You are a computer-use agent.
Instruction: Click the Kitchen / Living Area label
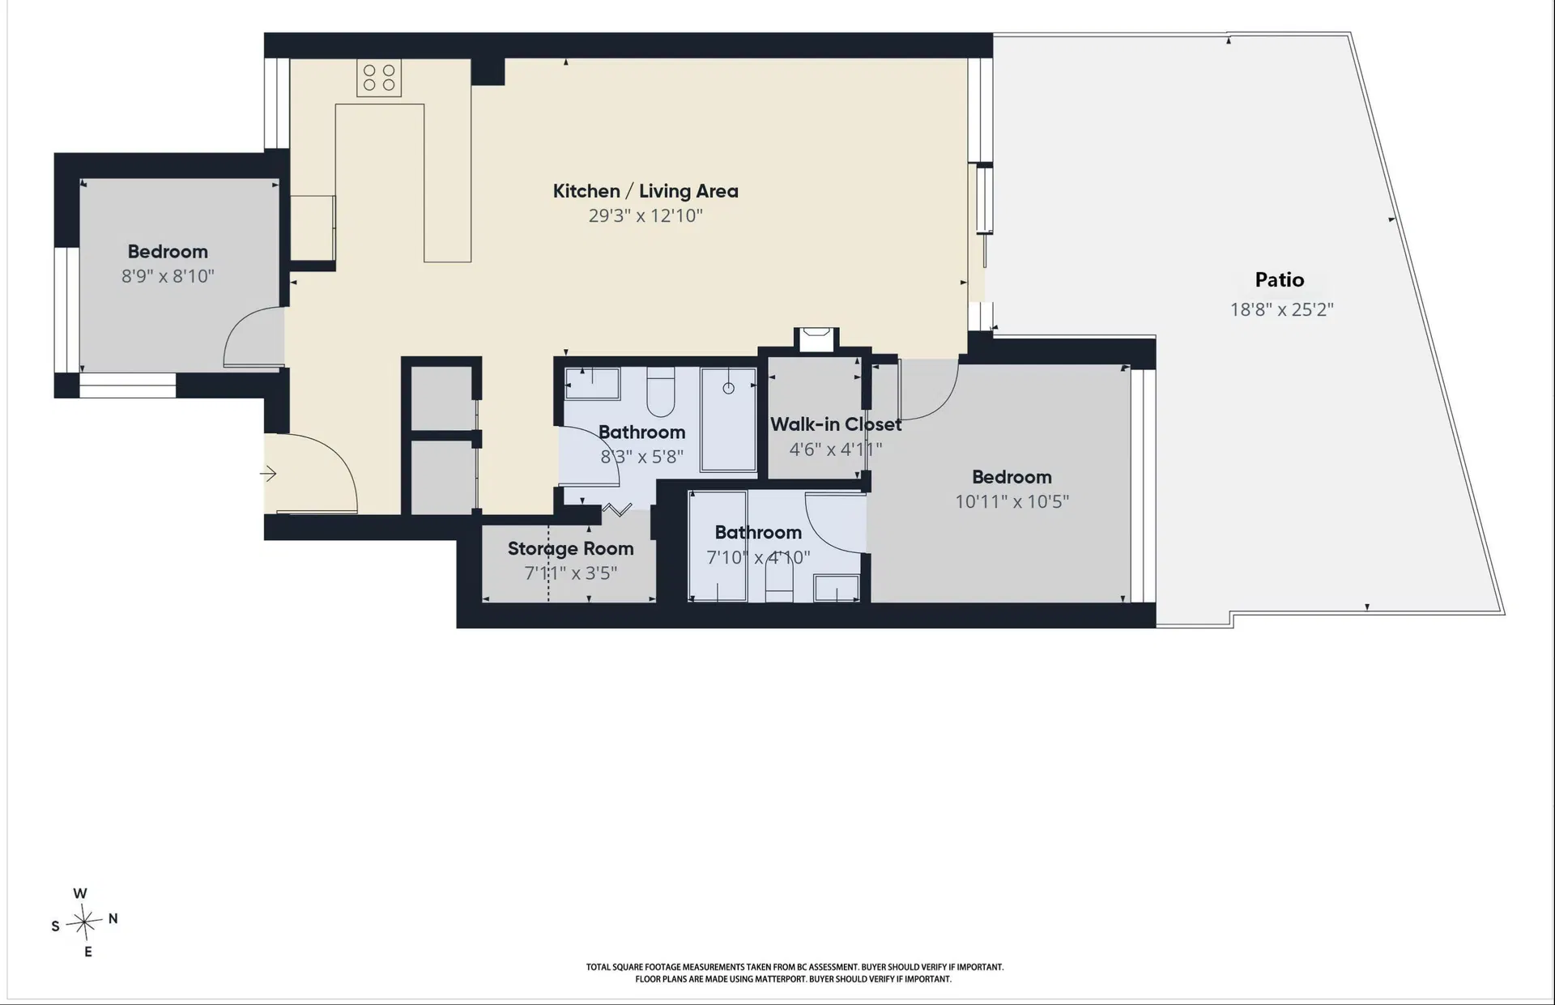(645, 191)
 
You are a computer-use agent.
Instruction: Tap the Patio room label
(1280, 280)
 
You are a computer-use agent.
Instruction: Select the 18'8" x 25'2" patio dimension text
(1281, 309)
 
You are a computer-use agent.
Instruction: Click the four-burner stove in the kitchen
(379, 78)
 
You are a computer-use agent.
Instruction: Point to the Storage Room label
(570, 548)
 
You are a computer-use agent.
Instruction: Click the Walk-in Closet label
(836, 424)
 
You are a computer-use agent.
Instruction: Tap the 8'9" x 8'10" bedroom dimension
(168, 276)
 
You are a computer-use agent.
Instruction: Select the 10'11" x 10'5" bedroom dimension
(1012, 501)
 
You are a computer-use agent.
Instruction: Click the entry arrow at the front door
(268, 474)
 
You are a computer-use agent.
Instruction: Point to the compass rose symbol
(84, 922)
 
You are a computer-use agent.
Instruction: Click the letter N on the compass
(113, 918)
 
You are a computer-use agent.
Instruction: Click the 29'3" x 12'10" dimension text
(645, 215)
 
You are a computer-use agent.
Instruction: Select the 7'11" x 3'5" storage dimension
(570, 573)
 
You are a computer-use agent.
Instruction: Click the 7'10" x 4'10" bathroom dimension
(758, 558)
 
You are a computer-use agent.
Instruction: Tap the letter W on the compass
(80, 893)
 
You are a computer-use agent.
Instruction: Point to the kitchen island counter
(403, 182)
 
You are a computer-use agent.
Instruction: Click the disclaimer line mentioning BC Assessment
(795, 967)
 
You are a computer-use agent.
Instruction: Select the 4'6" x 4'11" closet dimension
(836, 449)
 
